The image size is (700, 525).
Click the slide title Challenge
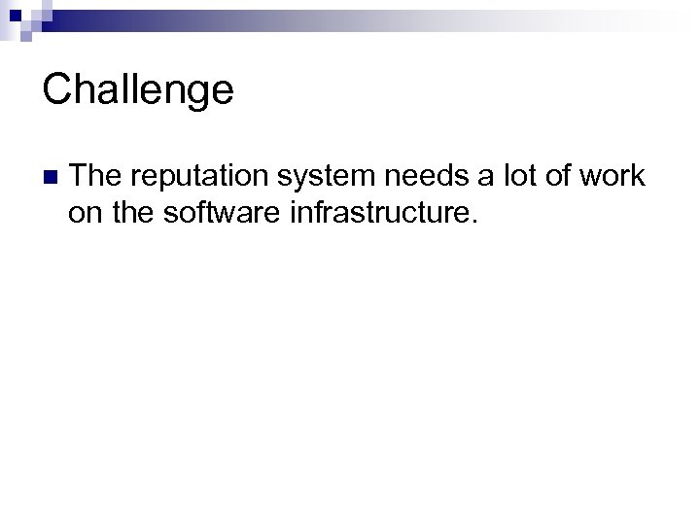(138, 90)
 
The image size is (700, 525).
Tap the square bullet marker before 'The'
(50, 177)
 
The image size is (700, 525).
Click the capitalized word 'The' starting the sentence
(94, 176)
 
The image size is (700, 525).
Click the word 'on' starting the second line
(84, 212)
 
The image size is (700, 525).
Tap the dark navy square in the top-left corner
(15, 15)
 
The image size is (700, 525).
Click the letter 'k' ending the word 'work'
(637, 176)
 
